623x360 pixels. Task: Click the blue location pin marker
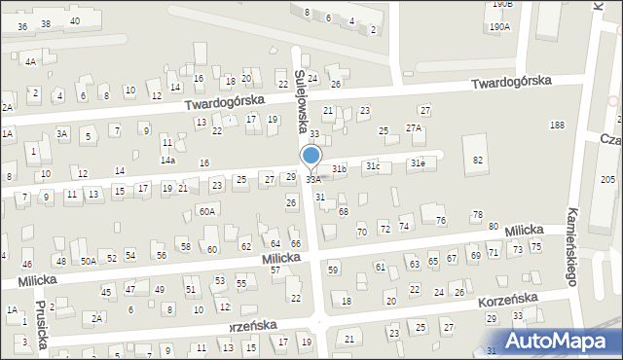point(311,156)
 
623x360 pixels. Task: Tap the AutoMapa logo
point(549,342)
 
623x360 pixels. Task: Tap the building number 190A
point(499,27)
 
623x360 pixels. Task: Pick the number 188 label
point(557,126)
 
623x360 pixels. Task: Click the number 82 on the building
point(477,160)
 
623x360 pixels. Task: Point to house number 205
point(607,180)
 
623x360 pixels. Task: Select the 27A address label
point(414,128)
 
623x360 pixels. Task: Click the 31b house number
point(339,169)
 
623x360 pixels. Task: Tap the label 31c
point(373,166)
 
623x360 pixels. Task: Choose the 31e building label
point(417,162)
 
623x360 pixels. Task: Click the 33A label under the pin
point(312,180)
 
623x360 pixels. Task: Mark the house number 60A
point(206,211)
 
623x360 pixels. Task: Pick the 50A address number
point(88,261)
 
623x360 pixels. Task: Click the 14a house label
point(167,160)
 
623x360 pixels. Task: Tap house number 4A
point(30,61)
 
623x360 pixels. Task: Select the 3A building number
point(62,133)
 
